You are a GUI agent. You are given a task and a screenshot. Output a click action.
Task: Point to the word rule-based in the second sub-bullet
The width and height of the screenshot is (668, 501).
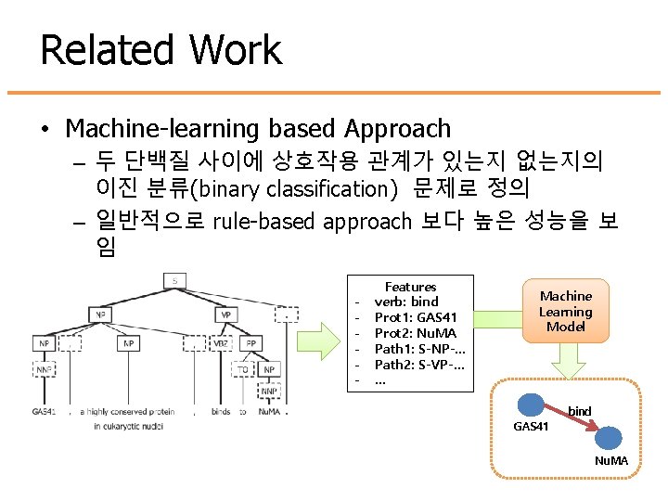click(265, 221)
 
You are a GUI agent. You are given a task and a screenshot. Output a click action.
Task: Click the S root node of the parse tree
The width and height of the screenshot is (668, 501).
click(174, 280)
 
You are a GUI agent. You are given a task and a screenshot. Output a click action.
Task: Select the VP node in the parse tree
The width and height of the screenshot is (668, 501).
click(225, 315)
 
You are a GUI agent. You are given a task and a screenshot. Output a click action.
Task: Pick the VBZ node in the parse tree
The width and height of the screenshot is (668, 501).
click(222, 343)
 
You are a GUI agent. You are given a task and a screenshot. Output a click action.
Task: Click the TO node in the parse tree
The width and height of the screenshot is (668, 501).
click(242, 369)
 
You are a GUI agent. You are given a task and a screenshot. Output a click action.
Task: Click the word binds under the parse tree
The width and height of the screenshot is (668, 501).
click(221, 411)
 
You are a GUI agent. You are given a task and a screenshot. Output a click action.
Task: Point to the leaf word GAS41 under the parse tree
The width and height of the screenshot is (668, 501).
click(44, 411)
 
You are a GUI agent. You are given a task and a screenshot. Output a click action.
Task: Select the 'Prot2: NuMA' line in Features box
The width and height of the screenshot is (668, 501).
click(415, 332)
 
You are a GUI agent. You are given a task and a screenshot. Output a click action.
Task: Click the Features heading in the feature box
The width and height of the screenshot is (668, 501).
click(410, 287)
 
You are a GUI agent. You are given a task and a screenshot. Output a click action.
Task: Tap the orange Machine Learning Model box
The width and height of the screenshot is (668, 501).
click(565, 311)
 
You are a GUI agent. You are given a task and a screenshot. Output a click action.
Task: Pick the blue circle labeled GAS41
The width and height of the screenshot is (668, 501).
click(532, 405)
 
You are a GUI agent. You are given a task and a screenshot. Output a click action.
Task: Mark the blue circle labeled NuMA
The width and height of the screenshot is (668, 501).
click(610, 438)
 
